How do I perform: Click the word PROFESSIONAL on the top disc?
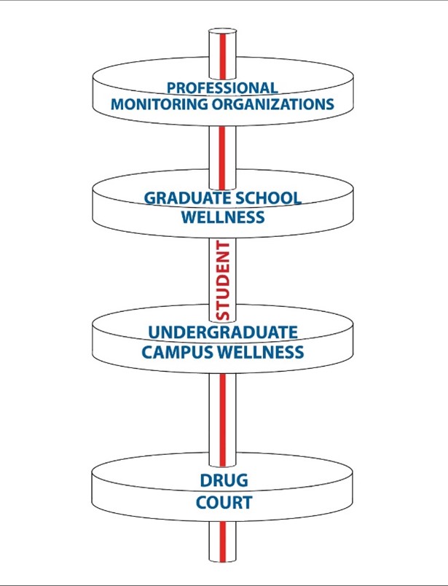point(222,88)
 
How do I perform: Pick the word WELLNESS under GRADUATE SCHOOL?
point(223,216)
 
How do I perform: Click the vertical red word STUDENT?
point(224,280)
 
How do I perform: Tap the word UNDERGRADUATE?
point(223,333)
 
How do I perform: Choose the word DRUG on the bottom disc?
point(224,481)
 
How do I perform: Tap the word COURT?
point(224,503)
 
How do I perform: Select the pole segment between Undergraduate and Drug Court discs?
point(224,415)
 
